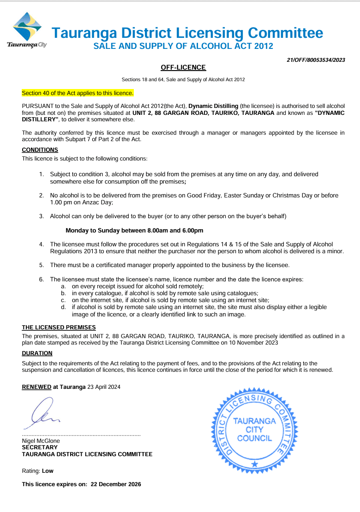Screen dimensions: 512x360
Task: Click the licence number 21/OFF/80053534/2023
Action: (316, 60)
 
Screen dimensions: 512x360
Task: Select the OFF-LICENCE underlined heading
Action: (183, 68)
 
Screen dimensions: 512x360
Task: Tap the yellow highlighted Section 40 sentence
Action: (78, 93)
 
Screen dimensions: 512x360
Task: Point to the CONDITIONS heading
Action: (40, 150)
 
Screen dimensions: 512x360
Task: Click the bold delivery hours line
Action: (134, 230)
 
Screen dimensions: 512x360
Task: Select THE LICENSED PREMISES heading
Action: (59, 327)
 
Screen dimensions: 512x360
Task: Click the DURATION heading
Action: (37, 353)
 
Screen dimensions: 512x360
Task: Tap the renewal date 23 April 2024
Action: (104, 387)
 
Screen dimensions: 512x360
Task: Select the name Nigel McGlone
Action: (41, 441)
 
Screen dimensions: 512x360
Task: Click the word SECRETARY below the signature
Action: (40, 447)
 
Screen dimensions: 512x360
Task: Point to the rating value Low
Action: (48, 471)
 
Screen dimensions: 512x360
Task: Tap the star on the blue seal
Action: (254, 464)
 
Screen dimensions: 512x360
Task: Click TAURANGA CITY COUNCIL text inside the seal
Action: (254, 429)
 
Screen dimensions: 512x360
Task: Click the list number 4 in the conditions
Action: (42, 244)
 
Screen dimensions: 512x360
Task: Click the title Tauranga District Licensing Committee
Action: (187, 33)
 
